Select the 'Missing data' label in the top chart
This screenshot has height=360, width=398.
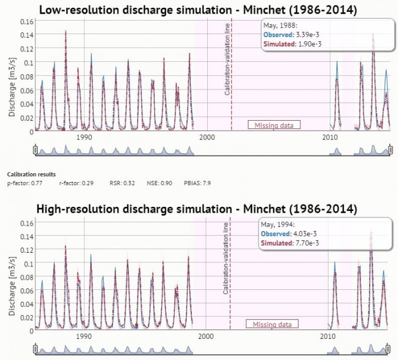[x=274, y=125]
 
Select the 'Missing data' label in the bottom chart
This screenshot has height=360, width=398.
[x=272, y=324]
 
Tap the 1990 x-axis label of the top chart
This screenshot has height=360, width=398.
[x=85, y=137]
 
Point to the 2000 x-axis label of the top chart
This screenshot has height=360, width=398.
[x=206, y=137]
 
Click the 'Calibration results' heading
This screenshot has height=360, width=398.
[x=31, y=174]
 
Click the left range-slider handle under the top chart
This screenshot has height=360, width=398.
[x=35, y=150]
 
